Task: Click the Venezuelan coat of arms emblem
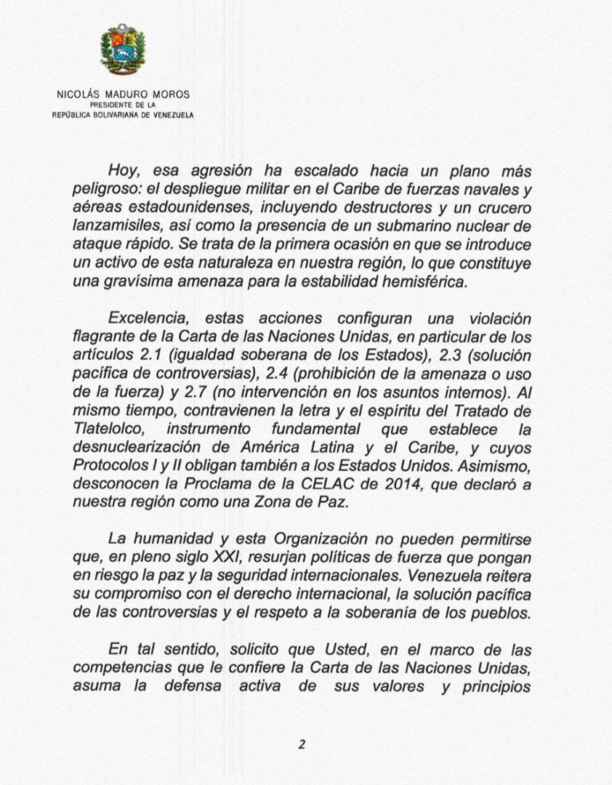click(123, 49)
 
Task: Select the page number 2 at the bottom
click(302, 746)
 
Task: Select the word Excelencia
click(145, 319)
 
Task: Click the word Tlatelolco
click(104, 430)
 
